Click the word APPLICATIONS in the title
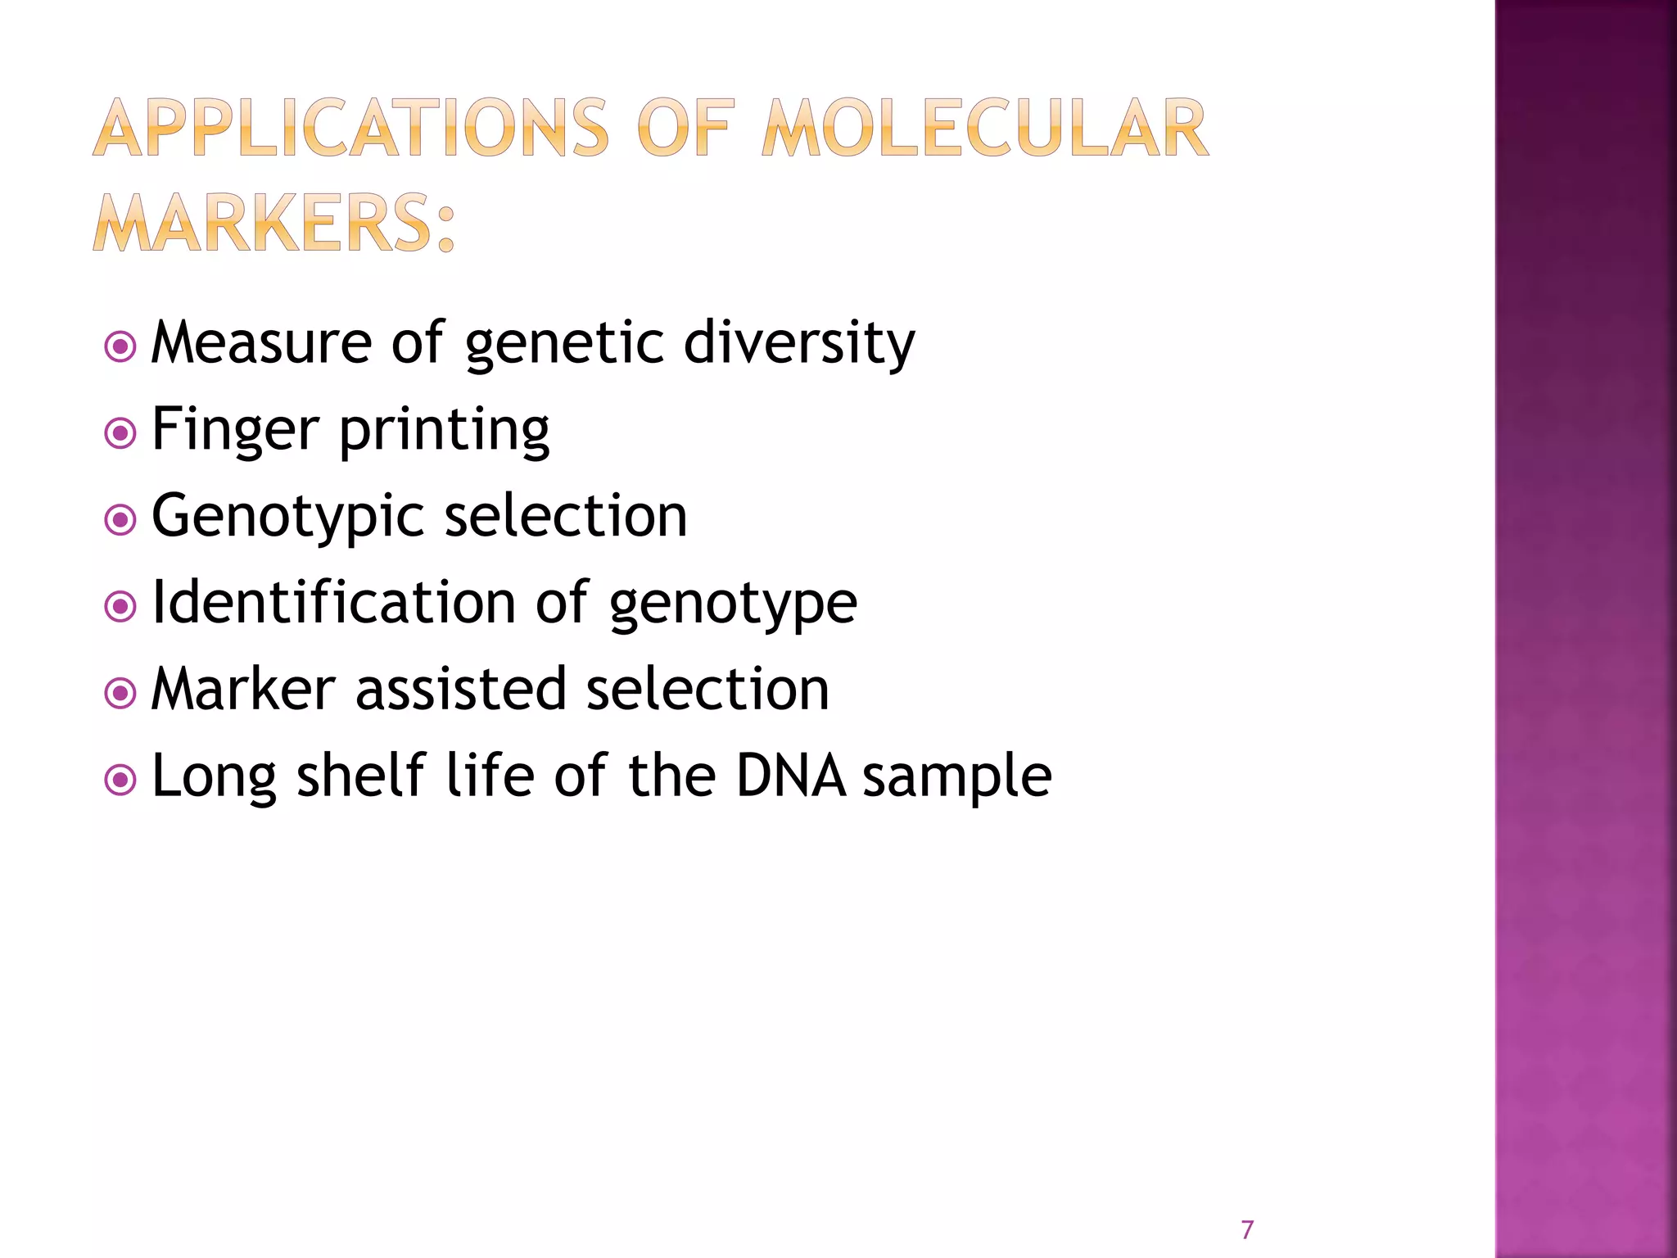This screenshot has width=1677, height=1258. click(x=350, y=129)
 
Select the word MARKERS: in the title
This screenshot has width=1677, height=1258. click(x=273, y=223)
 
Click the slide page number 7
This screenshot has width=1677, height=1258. click(x=1247, y=1229)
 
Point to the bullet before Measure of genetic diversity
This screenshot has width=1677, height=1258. click(x=121, y=346)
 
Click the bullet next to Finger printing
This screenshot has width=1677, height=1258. click(x=121, y=432)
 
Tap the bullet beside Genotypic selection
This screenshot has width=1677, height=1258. click(x=121, y=519)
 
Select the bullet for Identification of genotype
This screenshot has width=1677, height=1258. click(x=121, y=606)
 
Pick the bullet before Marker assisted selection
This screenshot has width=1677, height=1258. click(x=121, y=693)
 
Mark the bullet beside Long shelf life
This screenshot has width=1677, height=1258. click(x=121, y=780)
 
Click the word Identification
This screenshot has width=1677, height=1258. click(x=334, y=602)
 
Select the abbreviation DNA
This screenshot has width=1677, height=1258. click(x=790, y=776)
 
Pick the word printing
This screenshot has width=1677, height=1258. click(x=445, y=431)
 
